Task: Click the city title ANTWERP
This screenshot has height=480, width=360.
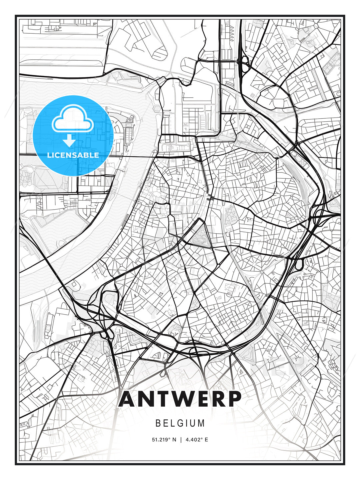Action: coord(180,399)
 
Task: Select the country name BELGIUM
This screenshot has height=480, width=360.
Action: coord(180,423)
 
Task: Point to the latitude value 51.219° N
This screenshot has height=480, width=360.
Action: coord(164,440)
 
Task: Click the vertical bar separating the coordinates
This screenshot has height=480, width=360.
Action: coord(180,440)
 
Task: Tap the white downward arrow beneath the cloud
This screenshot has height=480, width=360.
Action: coord(69,141)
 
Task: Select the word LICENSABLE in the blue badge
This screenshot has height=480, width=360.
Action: coord(73,155)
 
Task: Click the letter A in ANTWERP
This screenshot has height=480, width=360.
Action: coord(128,399)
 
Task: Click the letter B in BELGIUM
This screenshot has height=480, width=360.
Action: coord(158,423)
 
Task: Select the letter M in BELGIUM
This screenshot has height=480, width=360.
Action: coord(201,423)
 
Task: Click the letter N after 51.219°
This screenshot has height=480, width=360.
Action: coord(174,440)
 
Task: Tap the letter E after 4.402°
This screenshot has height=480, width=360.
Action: coord(206,440)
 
